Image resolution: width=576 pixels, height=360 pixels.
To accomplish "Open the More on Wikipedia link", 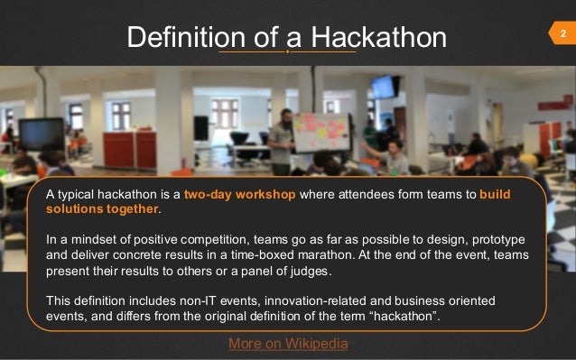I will [x=288, y=344].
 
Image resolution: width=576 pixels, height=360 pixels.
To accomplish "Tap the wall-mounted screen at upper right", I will [x=384, y=87].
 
